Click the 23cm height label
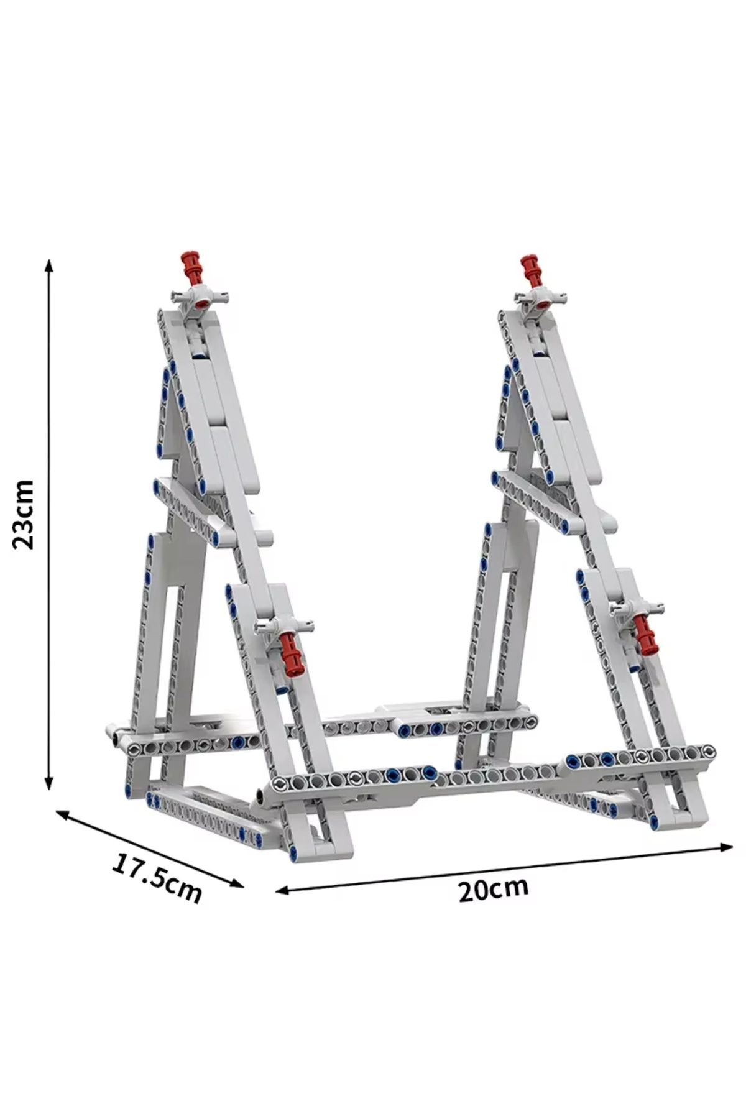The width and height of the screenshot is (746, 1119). tap(24, 513)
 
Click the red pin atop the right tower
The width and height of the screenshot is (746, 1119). tap(532, 269)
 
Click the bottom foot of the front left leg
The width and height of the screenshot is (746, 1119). tap(323, 852)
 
